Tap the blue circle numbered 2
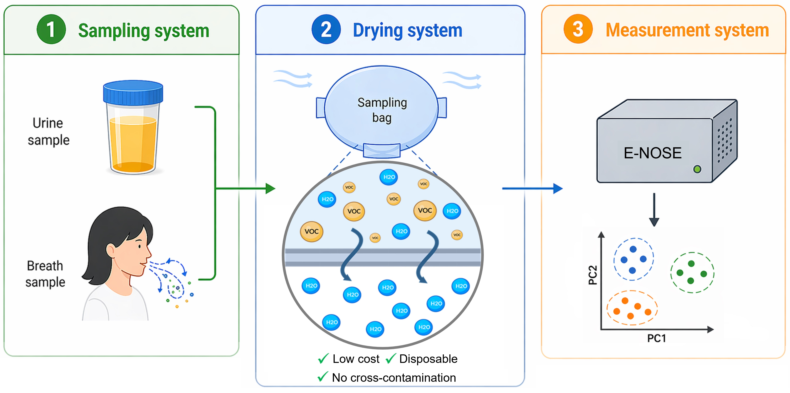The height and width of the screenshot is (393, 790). pos(326,29)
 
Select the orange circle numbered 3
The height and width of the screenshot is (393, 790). pos(578,29)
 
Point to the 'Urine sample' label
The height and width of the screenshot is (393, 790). pos(48,131)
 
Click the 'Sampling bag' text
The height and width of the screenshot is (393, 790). pos(382,110)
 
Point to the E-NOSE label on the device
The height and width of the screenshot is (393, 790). pos(653,153)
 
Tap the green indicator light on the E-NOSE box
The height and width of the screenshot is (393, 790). pos(697,169)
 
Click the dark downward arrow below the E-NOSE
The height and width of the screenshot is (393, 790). pos(654,210)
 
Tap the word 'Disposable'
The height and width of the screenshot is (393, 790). pos(428,359)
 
